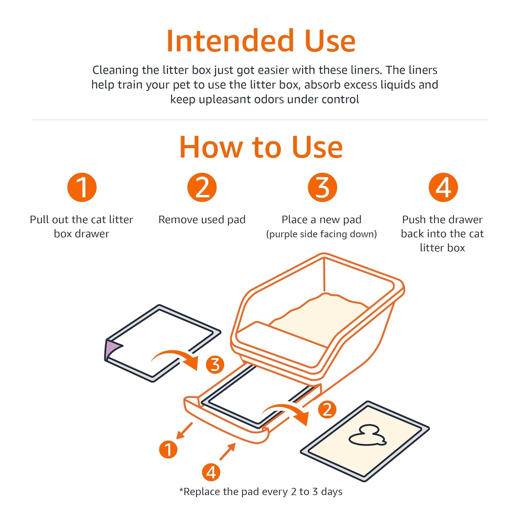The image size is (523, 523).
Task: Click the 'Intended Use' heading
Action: [261, 41]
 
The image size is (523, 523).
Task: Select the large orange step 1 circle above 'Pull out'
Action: [82, 187]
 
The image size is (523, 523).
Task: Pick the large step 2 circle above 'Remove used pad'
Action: [202, 187]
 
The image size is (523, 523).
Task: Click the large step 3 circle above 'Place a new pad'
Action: [323, 187]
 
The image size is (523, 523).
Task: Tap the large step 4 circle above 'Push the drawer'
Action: [443, 187]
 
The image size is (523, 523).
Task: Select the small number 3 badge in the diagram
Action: [215, 365]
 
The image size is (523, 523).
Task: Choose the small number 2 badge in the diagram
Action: [327, 409]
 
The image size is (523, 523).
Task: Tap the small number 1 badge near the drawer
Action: [168, 449]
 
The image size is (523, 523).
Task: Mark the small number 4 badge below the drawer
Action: [211, 472]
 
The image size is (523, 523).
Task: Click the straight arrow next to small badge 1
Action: [184, 431]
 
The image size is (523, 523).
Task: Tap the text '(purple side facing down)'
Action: [321, 234]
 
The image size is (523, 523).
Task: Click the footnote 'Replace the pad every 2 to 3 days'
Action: [263, 492]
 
